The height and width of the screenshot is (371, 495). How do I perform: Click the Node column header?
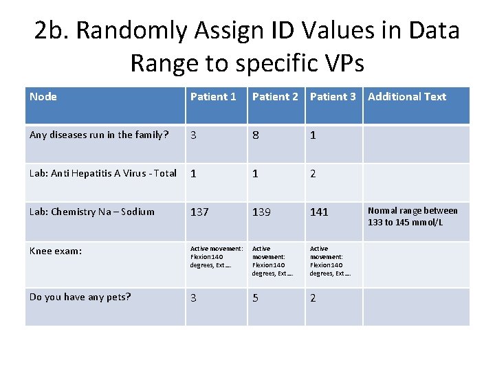click(43, 97)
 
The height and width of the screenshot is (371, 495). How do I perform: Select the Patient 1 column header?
click(213, 97)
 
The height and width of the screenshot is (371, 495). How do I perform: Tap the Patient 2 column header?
click(275, 97)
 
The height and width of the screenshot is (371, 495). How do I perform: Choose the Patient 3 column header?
click(333, 97)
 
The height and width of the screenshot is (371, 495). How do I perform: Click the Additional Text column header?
click(407, 97)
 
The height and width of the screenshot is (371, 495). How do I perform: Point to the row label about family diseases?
click(99, 135)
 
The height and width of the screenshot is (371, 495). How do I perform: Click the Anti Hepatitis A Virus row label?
click(103, 173)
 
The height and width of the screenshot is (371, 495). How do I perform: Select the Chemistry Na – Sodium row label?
click(92, 212)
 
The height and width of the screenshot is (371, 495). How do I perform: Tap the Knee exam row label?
click(56, 251)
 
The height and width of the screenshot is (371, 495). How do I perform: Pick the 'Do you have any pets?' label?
click(80, 297)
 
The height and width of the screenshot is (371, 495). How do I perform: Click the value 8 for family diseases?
click(256, 135)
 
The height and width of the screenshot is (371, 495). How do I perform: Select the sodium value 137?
click(199, 212)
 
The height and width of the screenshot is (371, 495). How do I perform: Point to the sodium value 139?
click(261, 212)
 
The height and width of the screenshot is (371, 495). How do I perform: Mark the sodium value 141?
click(319, 212)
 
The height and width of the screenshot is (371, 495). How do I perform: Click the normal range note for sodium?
click(412, 216)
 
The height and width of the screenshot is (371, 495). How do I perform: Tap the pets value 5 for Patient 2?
click(256, 298)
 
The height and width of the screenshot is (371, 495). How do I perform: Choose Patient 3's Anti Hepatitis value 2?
click(313, 174)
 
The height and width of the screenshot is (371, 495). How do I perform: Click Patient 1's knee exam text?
click(216, 256)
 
